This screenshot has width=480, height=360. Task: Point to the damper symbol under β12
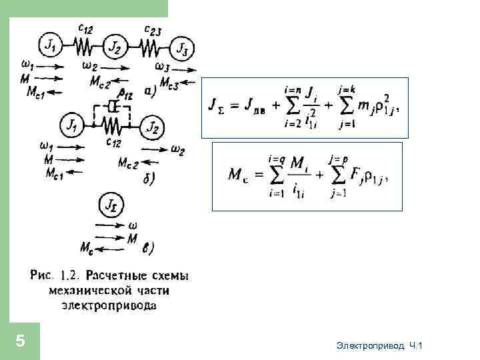coord(113,107)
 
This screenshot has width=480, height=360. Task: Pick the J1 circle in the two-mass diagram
coord(73,125)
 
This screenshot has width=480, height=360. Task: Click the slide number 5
coord(20,341)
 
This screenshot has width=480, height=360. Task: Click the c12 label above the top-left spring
coord(85,27)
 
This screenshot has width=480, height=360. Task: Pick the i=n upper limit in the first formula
coord(291,89)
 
